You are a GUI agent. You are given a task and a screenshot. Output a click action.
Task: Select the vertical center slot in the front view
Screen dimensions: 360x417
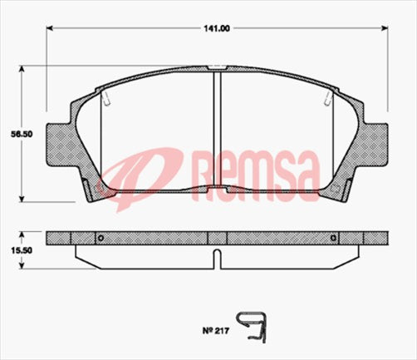click(x=216, y=133)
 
